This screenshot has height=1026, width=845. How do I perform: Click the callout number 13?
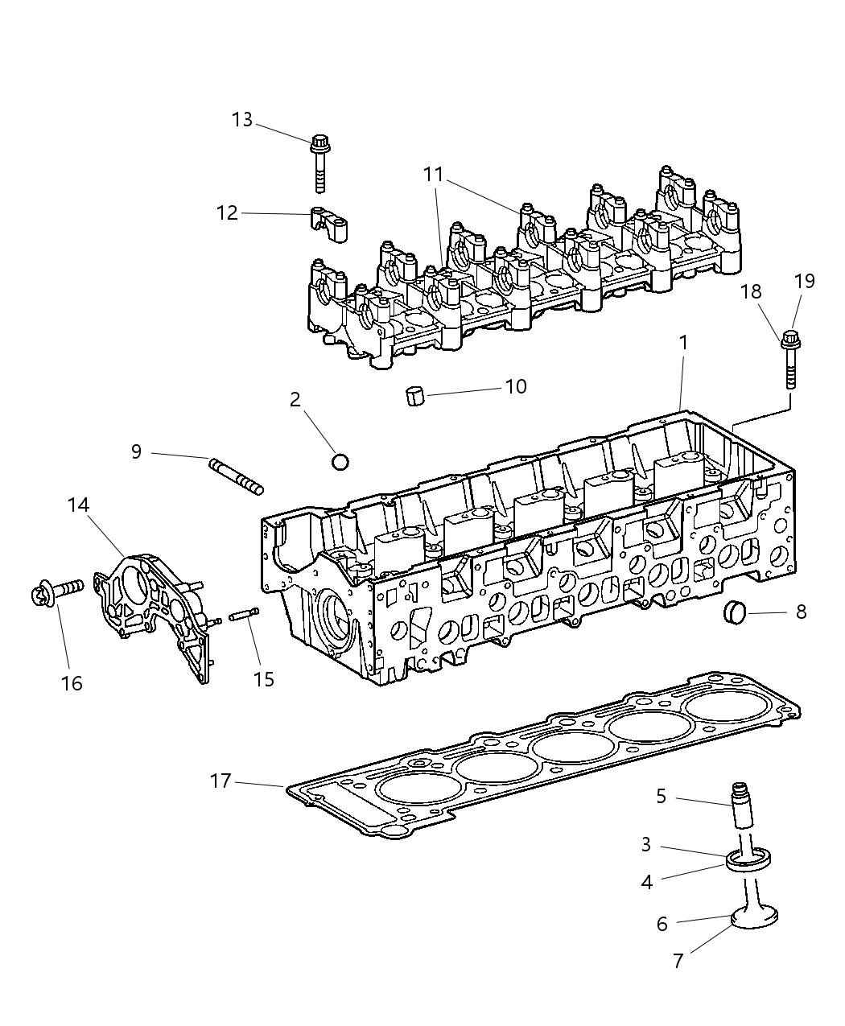click(241, 120)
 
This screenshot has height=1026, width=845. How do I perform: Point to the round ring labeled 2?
click(340, 462)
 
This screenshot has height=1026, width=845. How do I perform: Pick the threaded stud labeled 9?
click(236, 476)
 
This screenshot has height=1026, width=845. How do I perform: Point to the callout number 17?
click(221, 781)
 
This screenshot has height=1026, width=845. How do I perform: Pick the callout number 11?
click(433, 174)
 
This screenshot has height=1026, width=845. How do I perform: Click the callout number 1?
click(683, 342)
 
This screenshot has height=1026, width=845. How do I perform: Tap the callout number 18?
click(751, 291)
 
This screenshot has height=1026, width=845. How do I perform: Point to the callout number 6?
click(662, 924)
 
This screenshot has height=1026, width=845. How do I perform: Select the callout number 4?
click(646, 882)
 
